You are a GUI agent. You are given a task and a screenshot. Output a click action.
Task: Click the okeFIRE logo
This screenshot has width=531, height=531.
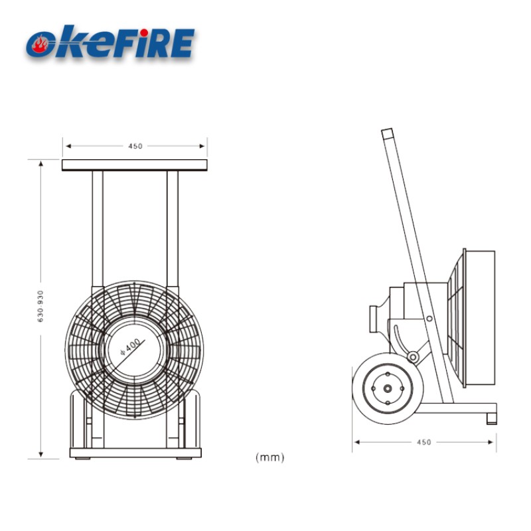pyautogui.click(x=110, y=42)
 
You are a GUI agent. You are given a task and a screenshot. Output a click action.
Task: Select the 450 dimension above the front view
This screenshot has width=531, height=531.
pyautogui.click(x=135, y=146)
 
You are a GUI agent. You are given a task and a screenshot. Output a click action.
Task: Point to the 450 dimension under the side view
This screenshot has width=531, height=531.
pyautogui.click(x=423, y=442)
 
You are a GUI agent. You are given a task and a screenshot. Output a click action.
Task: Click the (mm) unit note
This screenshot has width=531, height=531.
pyautogui.click(x=269, y=457)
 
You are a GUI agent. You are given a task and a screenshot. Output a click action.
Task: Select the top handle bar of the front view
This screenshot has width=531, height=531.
pyautogui.click(x=135, y=165)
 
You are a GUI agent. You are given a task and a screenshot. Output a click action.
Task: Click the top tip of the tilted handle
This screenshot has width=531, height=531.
pyautogui.click(x=387, y=133)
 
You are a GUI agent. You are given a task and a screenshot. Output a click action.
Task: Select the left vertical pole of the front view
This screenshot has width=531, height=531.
pyautogui.click(x=98, y=226)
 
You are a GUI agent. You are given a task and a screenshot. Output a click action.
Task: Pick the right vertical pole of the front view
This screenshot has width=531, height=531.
pyautogui.click(x=173, y=226)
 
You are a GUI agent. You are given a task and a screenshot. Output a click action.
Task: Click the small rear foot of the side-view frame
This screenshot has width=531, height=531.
pyautogui.click(x=491, y=418)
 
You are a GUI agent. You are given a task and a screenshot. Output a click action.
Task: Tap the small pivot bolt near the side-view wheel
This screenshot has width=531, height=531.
pyautogui.click(x=413, y=358)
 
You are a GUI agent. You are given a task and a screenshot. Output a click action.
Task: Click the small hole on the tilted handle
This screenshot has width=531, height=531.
pyautogui.click(x=430, y=320)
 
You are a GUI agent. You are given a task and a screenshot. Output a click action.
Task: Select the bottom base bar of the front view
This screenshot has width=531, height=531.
pyautogui.click(x=135, y=453)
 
